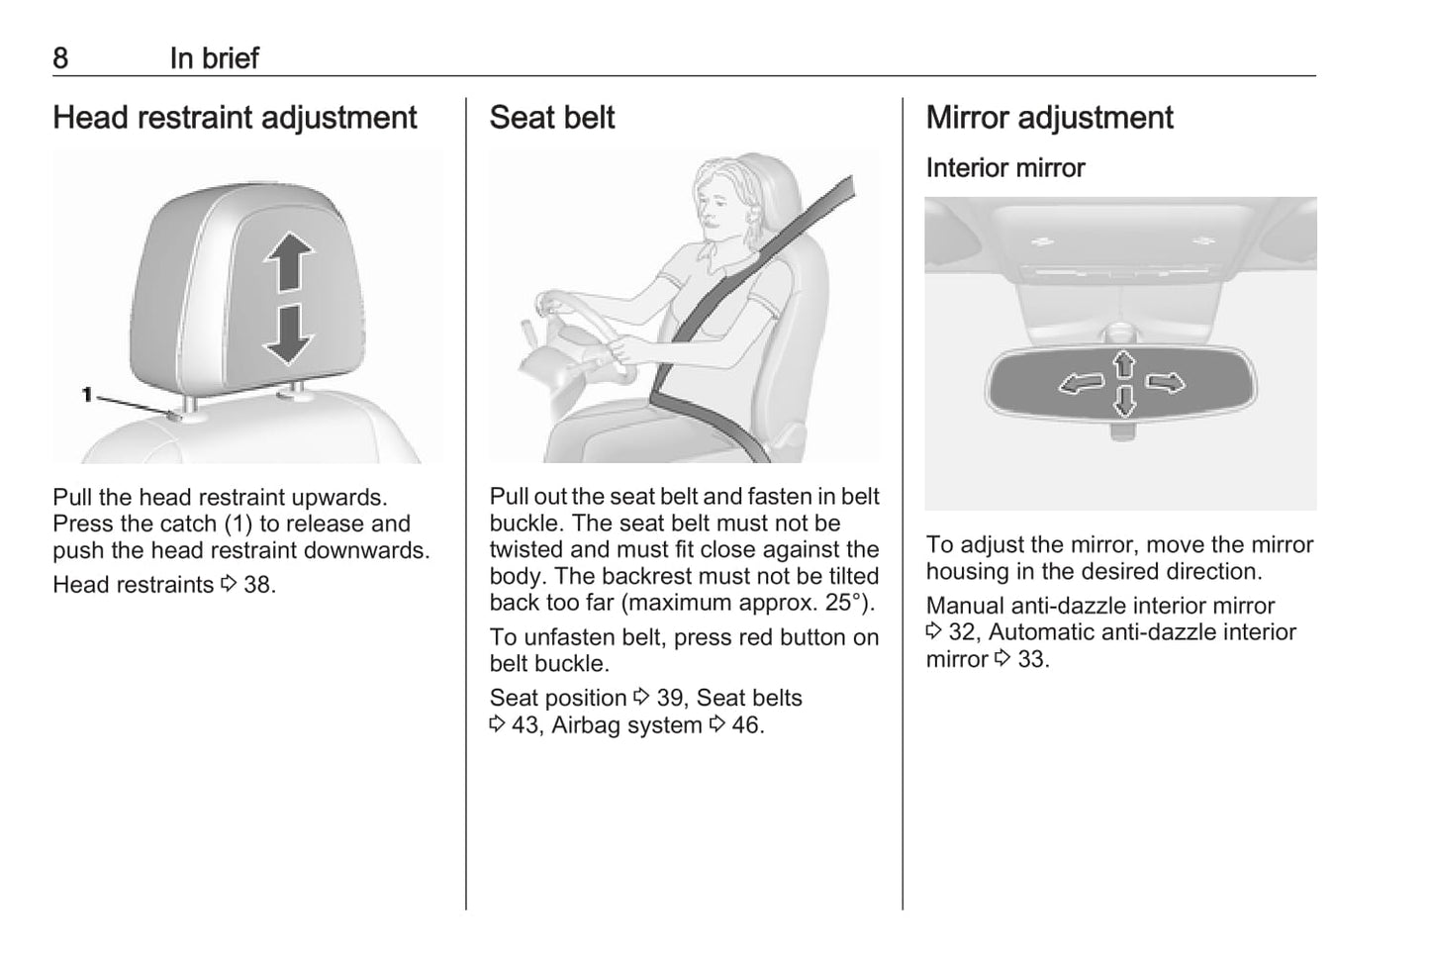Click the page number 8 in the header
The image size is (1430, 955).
(x=60, y=58)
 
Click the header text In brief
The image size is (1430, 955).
(x=215, y=58)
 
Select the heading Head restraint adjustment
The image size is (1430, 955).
(x=235, y=119)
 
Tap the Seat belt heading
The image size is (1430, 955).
(x=552, y=118)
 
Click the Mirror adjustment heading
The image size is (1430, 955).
(x=1050, y=119)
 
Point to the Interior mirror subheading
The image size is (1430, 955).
(x=1005, y=168)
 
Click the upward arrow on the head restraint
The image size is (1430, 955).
(x=289, y=261)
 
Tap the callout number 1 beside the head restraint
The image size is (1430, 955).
(x=87, y=395)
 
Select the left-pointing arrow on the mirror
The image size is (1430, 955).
(x=1082, y=384)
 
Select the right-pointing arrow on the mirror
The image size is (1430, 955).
(x=1166, y=383)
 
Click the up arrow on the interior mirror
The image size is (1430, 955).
(x=1124, y=364)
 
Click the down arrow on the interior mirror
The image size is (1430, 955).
(x=1124, y=402)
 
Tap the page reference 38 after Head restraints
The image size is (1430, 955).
(x=258, y=585)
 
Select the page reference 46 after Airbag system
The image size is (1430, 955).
(x=747, y=725)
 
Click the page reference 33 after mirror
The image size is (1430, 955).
(x=1033, y=659)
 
